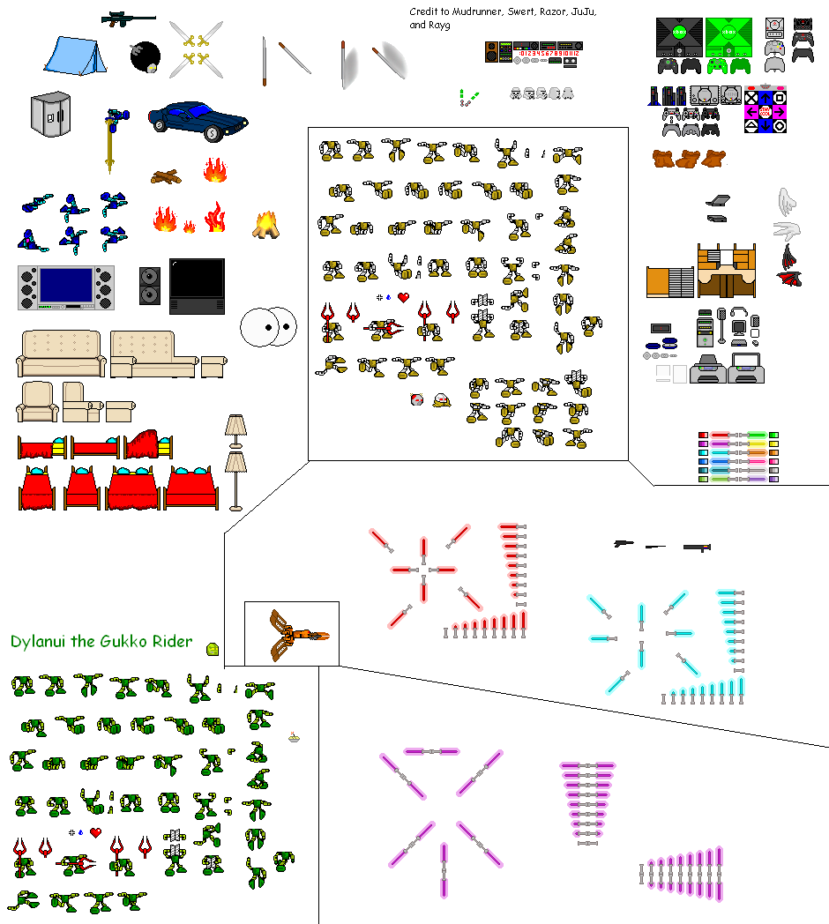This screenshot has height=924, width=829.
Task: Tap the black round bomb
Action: coord(145,57)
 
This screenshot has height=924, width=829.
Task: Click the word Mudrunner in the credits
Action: coord(478,11)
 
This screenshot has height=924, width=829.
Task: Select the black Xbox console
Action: coord(678,37)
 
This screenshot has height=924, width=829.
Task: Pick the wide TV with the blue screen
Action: coord(65,287)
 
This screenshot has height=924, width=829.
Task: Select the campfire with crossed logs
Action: coord(267,225)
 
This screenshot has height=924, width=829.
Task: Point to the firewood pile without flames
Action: coord(167,176)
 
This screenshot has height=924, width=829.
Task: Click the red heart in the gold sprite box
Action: coord(403,298)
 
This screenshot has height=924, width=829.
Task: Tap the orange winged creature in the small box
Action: coord(292,634)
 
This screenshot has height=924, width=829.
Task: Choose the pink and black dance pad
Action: coord(765,109)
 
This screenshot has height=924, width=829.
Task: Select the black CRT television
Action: coord(197,286)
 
